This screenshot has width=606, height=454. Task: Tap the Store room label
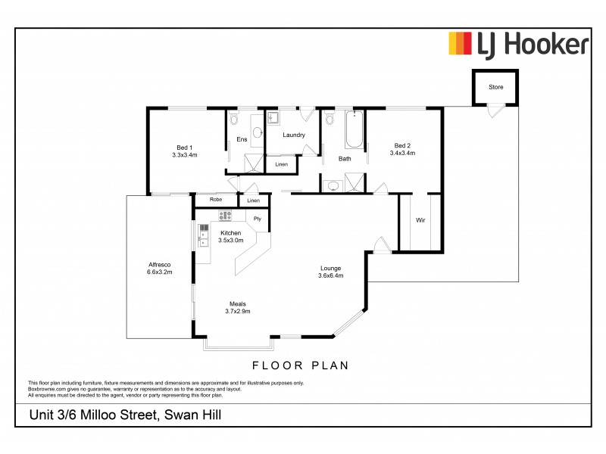click(x=495, y=87)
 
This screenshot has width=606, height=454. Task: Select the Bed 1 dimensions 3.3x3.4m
click(x=185, y=155)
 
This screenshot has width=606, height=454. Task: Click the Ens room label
click(x=242, y=139)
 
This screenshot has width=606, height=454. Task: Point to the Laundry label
click(x=293, y=135)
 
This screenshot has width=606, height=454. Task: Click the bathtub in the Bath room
click(x=354, y=130)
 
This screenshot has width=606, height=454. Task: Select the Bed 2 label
click(x=401, y=145)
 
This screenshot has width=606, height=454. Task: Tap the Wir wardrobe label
click(x=420, y=220)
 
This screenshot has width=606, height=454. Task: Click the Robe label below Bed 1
click(x=215, y=200)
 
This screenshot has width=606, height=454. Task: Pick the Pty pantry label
click(x=258, y=219)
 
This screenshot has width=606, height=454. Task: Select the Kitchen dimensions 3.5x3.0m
click(x=230, y=240)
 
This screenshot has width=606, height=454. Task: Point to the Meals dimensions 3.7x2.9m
click(x=237, y=311)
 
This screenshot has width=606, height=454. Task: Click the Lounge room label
click(x=330, y=268)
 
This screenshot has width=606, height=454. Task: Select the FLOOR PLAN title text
click(x=300, y=365)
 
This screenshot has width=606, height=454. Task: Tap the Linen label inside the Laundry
click(x=281, y=164)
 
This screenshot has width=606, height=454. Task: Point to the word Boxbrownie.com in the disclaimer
click(x=46, y=387)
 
